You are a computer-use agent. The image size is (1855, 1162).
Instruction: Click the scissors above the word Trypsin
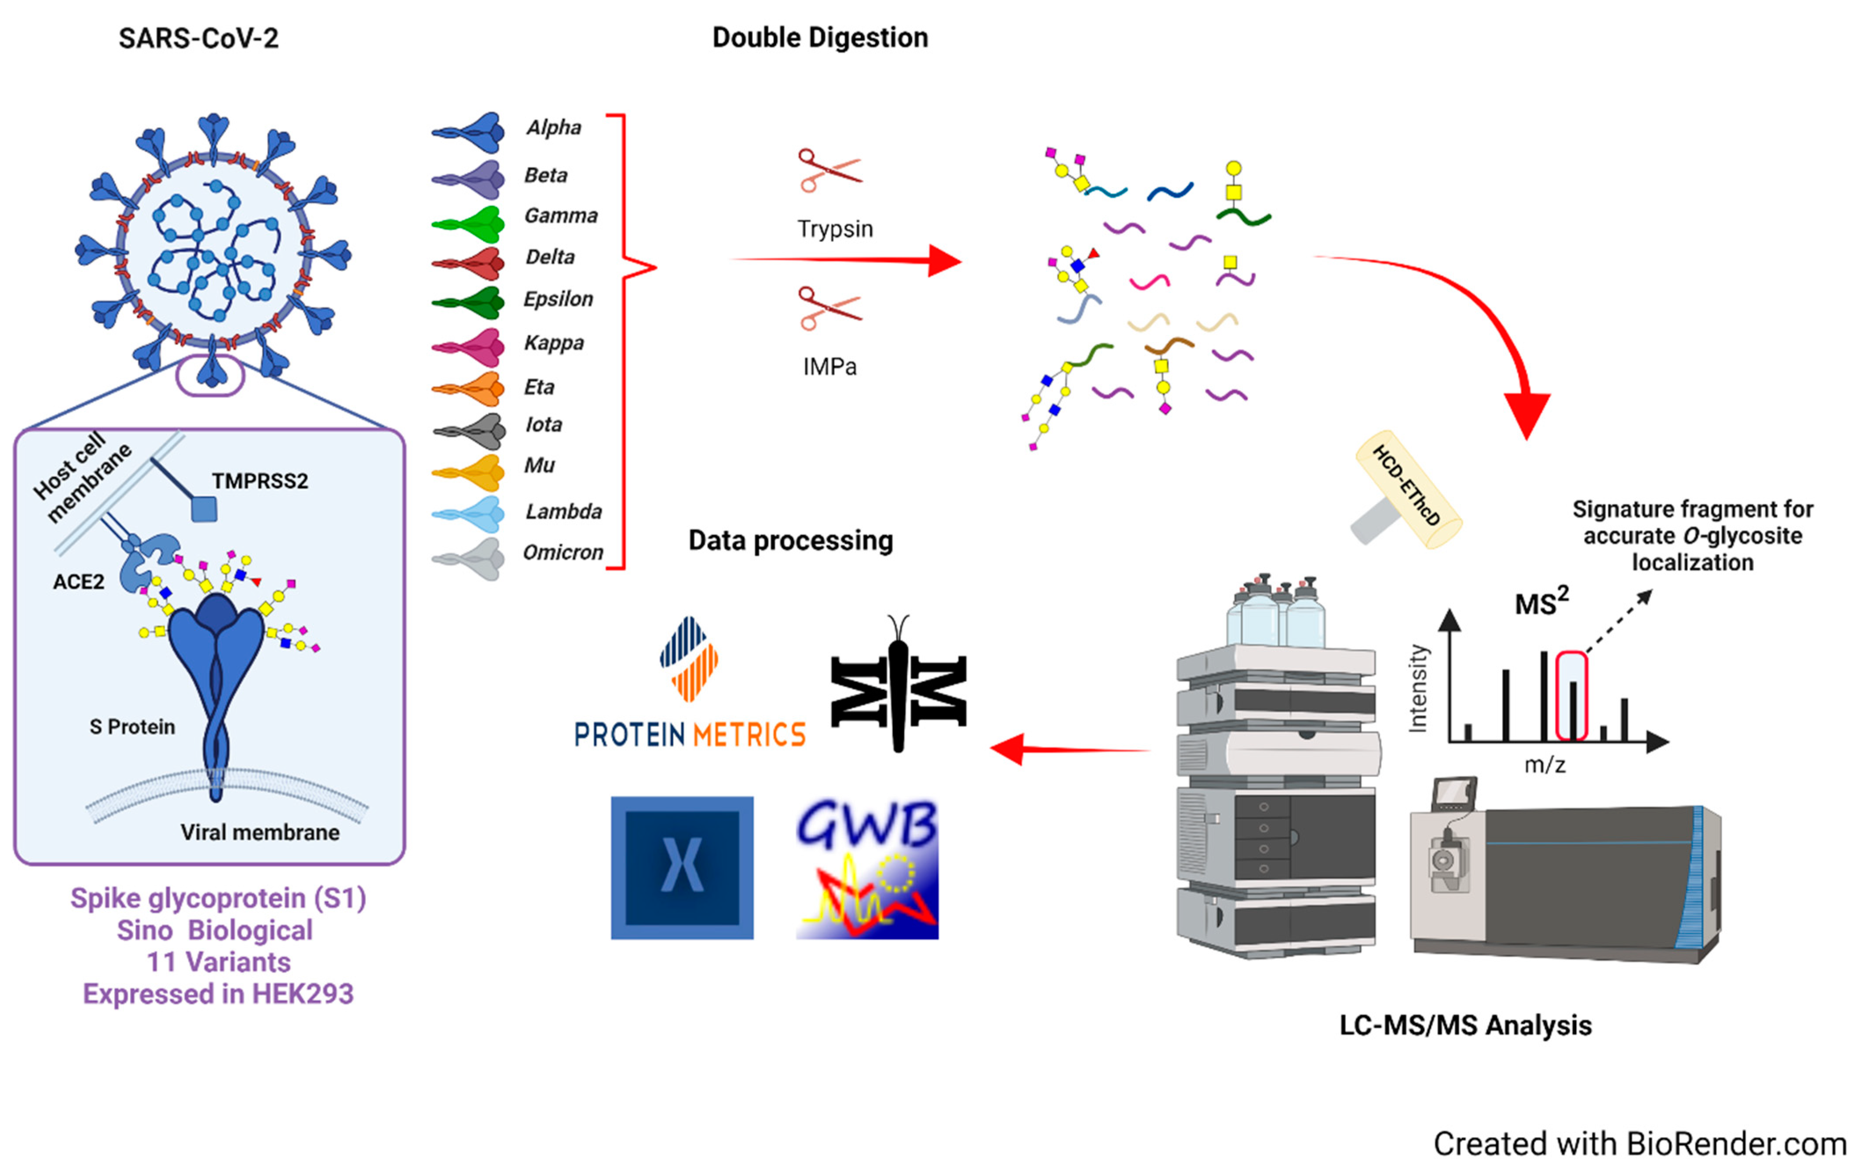[829, 171]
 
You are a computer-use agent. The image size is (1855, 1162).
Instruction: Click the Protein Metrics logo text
[689, 735]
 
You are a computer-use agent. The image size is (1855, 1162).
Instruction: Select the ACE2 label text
[78, 582]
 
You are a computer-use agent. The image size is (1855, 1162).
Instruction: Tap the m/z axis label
[1544, 765]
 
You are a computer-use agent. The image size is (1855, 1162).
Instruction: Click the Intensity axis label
[1417, 688]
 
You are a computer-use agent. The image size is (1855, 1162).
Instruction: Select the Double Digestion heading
[820, 38]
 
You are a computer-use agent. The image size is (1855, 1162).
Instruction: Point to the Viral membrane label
[259, 832]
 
